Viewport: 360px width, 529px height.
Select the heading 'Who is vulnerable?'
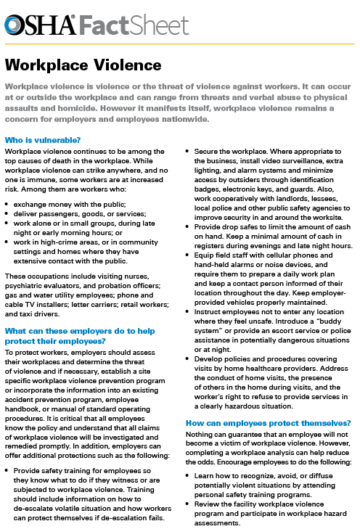point(41,139)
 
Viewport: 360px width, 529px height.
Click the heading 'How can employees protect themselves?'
point(269,422)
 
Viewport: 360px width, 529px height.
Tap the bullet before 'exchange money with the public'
point(7,196)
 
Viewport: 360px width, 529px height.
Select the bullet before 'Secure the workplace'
point(188,151)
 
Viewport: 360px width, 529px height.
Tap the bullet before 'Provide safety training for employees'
point(7,470)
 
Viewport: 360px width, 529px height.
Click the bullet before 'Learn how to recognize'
point(188,473)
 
